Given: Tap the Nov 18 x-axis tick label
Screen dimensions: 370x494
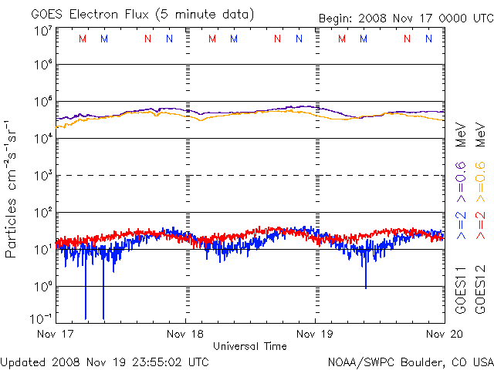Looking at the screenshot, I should pos(185,334).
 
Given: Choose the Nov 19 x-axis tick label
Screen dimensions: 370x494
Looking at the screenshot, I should pos(315,334).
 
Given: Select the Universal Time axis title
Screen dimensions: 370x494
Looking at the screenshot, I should pos(250,346).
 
